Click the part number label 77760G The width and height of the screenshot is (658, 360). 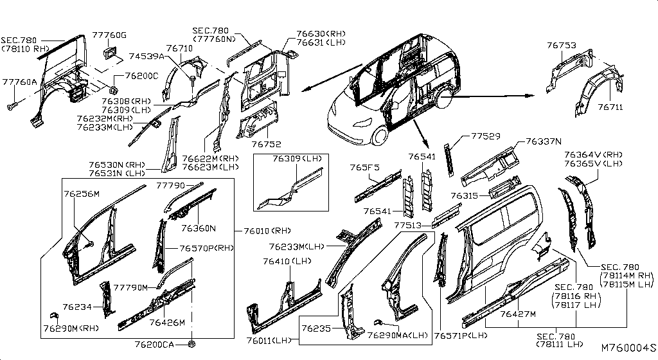109,35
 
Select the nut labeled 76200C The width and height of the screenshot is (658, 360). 112,89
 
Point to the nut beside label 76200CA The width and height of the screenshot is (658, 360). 192,344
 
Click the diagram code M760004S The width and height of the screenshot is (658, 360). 628,348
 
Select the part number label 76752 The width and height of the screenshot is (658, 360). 267,145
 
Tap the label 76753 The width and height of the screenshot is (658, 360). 562,45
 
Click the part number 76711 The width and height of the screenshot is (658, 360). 610,107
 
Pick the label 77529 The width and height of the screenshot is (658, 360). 486,136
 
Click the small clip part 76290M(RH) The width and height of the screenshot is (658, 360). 54,316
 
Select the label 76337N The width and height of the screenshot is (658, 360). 544,142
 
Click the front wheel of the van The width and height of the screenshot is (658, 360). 380,136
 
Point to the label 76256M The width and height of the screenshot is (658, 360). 82,194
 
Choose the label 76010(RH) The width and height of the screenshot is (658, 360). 268,231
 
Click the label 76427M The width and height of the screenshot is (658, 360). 518,314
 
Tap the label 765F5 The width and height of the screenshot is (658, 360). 365,168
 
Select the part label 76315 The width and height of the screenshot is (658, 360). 464,195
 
